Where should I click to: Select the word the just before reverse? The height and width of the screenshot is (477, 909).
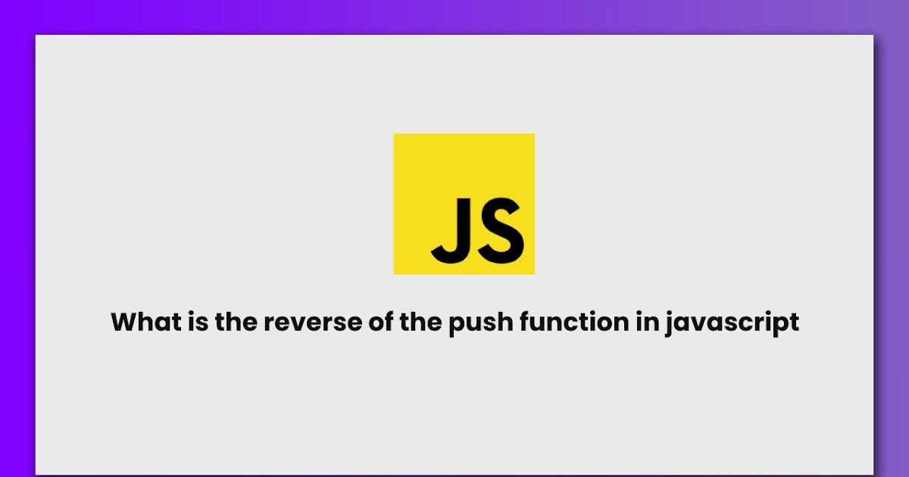click(237, 323)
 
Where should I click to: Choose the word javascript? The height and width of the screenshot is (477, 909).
click(731, 323)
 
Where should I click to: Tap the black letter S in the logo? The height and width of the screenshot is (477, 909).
click(498, 228)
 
